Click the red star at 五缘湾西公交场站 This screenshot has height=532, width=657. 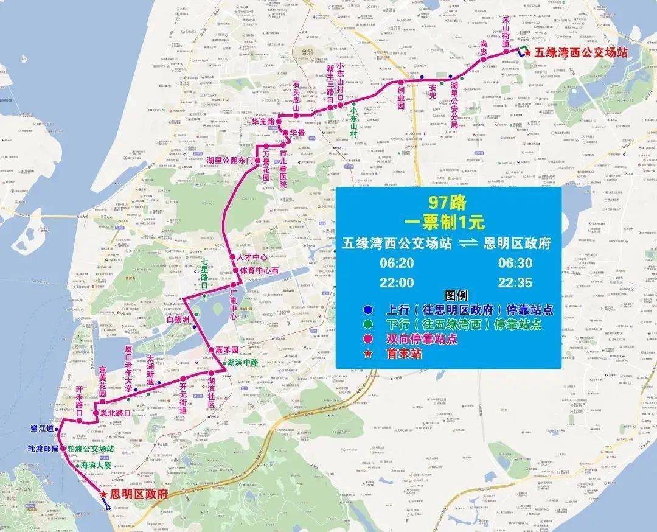pyautogui.click(x=528, y=54)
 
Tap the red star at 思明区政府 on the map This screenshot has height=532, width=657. pyautogui.click(x=104, y=495)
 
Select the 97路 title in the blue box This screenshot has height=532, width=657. pyautogui.click(x=447, y=201)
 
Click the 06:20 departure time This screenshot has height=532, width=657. pyautogui.click(x=397, y=264)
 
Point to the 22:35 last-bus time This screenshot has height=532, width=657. pyautogui.click(x=515, y=282)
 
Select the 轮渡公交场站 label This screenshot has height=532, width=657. pyautogui.click(x=91, y=449)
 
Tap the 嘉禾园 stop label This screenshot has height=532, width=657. pyautogui.click(x=227, y=350)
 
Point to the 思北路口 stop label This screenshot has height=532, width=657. pyautogui.click(x=115, y=413)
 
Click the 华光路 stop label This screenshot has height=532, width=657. pyautogui.click(x=263, y=121)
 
